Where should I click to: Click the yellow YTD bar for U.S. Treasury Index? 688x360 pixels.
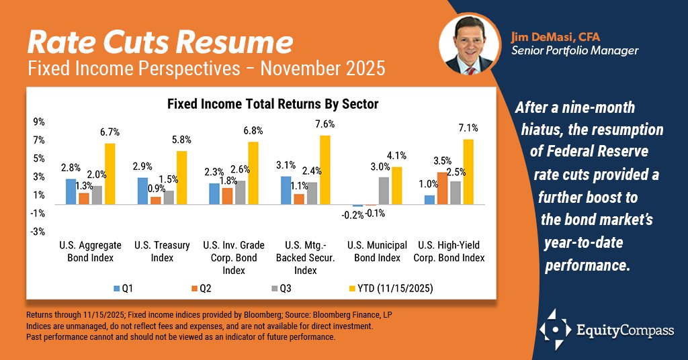click(x=181, y=177)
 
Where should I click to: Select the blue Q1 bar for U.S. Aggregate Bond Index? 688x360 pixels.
click(x=71, y=191)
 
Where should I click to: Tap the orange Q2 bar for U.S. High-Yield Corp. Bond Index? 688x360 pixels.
click(x=442, y=188)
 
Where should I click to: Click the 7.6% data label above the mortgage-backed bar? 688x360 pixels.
click(x=324, y=124)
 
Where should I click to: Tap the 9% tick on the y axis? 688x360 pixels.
click(x=38, y=122)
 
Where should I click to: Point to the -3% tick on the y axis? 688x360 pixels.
click(x=38, y=232)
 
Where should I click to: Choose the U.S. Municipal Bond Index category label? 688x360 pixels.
click(x=377, y=251)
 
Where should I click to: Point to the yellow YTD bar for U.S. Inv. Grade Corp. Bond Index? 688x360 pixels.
click(x=253, y=173)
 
